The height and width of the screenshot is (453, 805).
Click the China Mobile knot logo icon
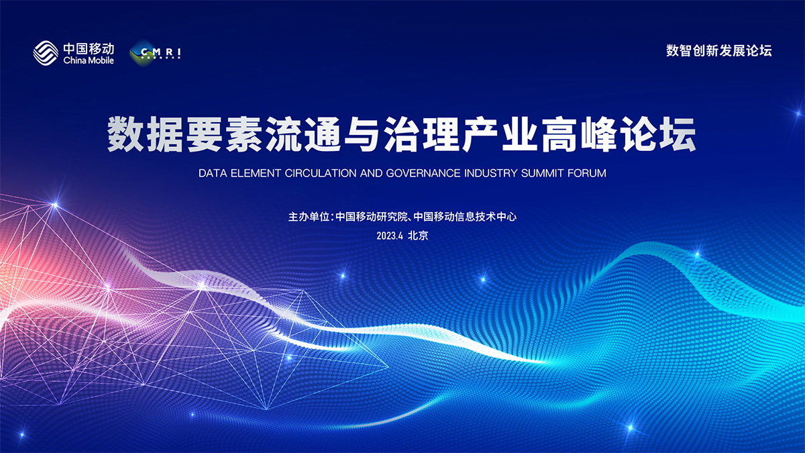click(46, 53)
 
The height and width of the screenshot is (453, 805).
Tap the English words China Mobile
click(89, 60)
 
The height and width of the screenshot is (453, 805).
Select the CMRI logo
click(155, 53)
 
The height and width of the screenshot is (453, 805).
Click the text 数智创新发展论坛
click(718, 51)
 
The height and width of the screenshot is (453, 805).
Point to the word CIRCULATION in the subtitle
click(320, 173)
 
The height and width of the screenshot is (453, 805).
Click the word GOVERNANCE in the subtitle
click(423, 173)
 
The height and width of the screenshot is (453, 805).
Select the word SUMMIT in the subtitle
click(542, 173)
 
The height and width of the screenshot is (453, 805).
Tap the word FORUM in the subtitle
click(587, 173)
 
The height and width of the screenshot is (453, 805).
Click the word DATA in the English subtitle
click(213, 173)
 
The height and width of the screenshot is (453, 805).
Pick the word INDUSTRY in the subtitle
click(490, 173)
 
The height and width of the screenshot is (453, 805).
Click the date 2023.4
click(390, 236)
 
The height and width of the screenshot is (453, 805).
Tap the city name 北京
click(418, 236)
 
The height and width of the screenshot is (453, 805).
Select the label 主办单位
click(309, 217)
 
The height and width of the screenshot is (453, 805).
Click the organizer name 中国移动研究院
click(371, 217)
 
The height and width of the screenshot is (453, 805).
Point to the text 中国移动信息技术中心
click(465, 217)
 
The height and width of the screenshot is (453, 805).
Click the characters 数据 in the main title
click(145, 134)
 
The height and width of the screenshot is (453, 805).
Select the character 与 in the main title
click(362, 134)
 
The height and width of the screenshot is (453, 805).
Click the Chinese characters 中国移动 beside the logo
click(89, 48)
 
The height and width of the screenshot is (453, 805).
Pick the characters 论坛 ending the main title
click(657, 134)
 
